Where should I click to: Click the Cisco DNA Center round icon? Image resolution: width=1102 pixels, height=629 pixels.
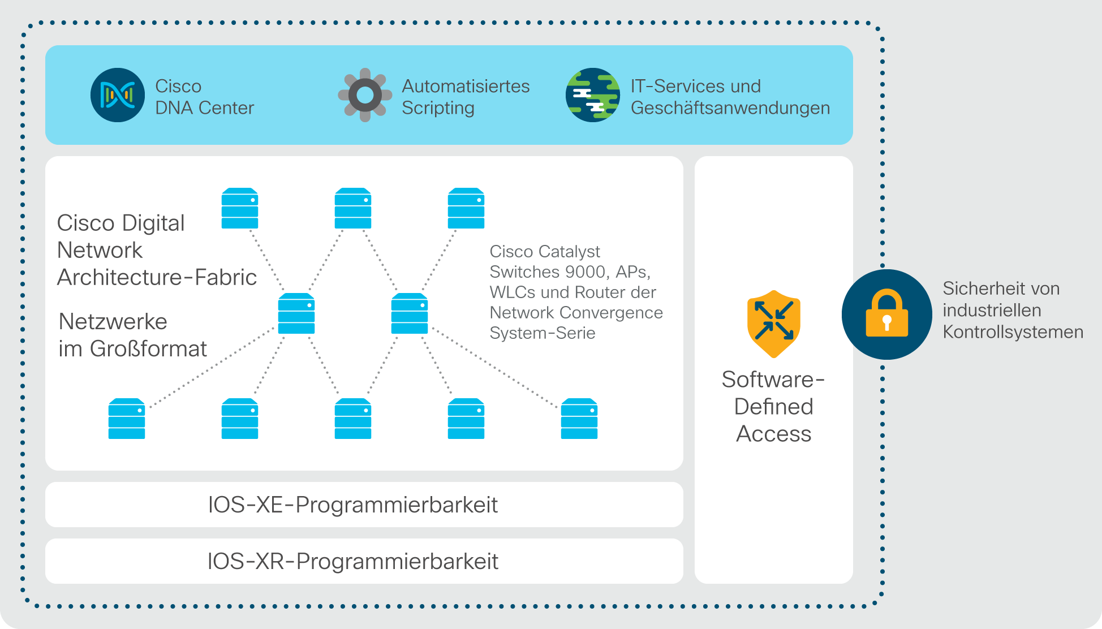pos(118,95)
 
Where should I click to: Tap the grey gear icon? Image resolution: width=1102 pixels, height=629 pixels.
pos(365,95)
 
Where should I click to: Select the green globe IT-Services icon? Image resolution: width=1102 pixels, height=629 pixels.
pos(593,95)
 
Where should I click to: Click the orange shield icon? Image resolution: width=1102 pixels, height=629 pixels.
pos(773,324)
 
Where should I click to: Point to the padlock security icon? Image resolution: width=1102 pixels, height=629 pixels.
pos(886,314)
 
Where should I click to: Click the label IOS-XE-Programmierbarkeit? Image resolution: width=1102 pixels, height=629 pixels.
pos(353,505)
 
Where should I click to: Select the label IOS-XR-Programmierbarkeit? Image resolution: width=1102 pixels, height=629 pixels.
pos(353,561)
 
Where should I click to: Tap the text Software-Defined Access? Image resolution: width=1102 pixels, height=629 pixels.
pos(773,406)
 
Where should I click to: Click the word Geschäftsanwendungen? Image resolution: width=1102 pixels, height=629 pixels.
pos(730,108)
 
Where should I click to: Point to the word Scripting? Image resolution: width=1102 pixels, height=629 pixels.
pos(438,108)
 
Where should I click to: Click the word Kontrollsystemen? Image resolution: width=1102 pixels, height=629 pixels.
pos(1013,332)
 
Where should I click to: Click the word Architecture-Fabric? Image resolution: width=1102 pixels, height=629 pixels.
pos(157,277)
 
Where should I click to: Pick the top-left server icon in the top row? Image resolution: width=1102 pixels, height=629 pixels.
pos(240,208)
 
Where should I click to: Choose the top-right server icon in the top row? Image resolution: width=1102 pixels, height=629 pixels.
pos(466,208)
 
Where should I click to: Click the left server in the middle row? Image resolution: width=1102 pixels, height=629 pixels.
pos(296,313)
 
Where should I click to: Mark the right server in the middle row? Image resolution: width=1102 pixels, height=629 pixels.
pos(410,313)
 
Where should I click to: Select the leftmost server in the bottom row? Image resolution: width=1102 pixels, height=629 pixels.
pos(127,419)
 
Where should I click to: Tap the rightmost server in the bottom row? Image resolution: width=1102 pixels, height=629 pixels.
pos(579,419)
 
